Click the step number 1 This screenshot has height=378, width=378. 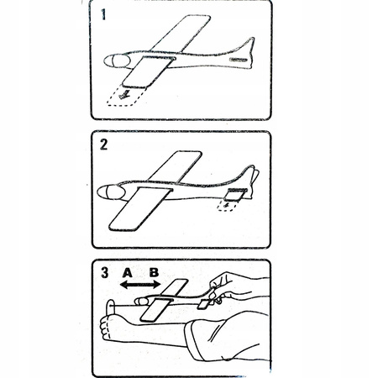click(x=103, y=14)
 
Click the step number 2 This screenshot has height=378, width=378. click(x=103, y=144)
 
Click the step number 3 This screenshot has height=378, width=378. click(x=104, y=273)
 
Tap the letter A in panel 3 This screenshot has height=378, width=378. click(x=128, y=273)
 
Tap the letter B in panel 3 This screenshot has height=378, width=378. click(x=154, y=273)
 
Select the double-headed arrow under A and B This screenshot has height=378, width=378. click(x=140, y=285)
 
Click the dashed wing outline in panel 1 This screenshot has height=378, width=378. click(x=126, y=96)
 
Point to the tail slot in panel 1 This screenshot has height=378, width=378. click(x=239, y=60)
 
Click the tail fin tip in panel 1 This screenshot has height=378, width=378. click(x=252, y=39)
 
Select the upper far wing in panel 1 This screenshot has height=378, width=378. click(x=181, y=34)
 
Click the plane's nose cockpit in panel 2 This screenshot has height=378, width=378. click(x=112, y=192)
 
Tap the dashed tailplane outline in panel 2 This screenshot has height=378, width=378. click(x=226, y=206)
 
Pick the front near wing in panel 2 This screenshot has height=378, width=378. click(x=140, y=209)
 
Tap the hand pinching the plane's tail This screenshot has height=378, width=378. click(x=224, y=288)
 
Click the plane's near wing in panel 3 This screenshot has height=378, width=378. click(x=156, y=310)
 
